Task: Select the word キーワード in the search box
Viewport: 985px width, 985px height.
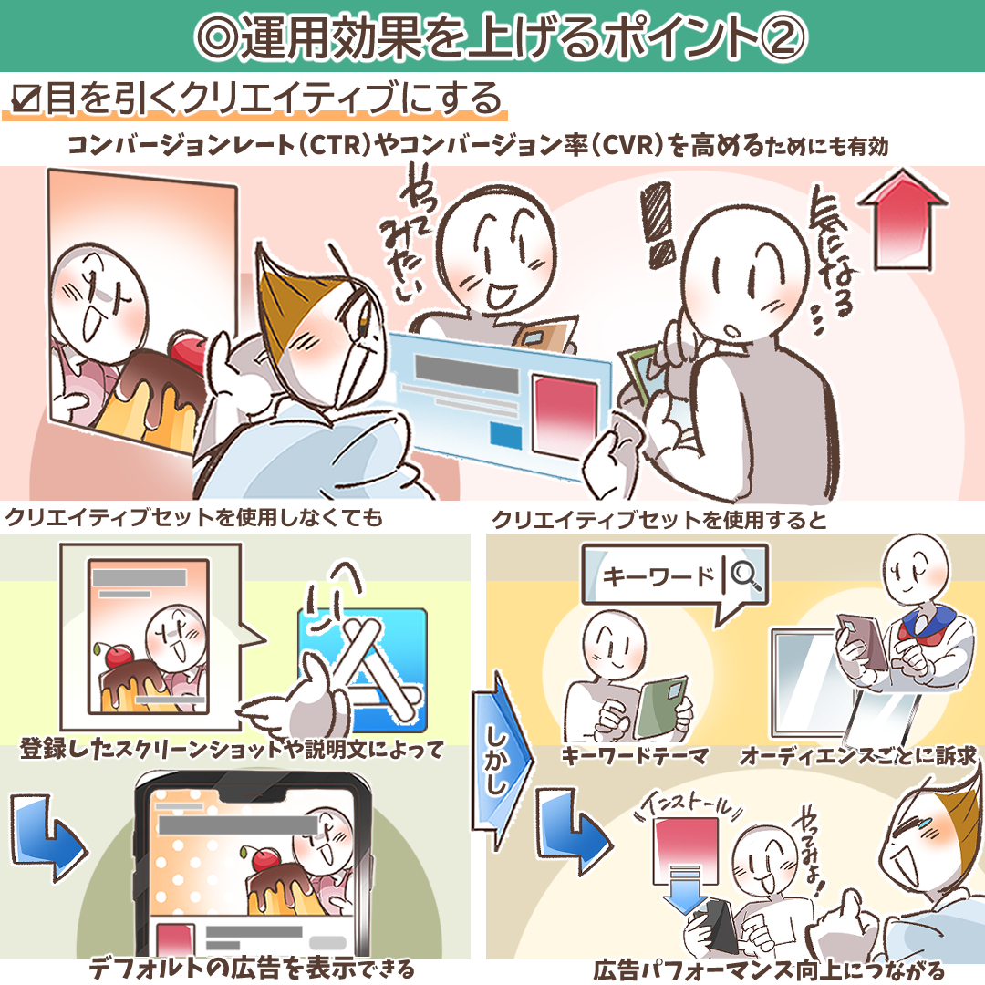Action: coord(658,576)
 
